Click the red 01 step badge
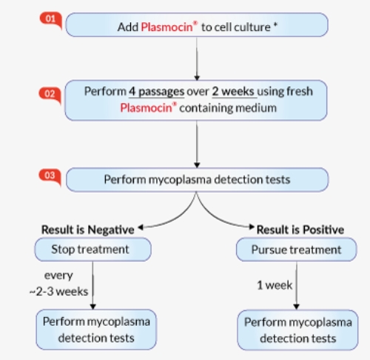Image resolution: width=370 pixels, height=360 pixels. coord(51,20)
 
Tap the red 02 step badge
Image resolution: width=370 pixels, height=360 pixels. coord(50,95)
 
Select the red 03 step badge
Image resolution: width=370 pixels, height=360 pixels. coord(50,176)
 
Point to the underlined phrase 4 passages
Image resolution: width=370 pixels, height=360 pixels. coord(156,92)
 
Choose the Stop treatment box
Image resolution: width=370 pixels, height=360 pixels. coord(92,250)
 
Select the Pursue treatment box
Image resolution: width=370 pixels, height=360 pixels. coord(297,250)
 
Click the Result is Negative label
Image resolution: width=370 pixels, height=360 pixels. coord(88,230)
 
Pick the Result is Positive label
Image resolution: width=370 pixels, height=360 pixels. coord(300,230)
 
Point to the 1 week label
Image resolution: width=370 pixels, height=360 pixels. coord(275,285)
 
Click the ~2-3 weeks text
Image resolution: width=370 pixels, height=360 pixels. coord(58,292)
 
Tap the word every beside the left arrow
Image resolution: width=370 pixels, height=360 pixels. coord(58,276)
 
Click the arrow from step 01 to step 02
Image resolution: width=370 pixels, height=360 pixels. coord(197,59)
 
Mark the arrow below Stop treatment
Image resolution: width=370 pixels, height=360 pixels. coord(92,285)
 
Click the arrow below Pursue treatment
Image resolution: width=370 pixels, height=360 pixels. coord(297,285)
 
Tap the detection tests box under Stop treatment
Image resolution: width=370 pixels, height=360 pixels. coord(96,330)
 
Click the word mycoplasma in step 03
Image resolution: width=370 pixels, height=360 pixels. coord(180,179)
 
